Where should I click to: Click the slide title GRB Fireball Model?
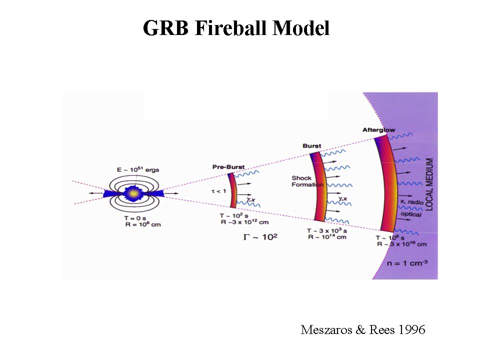pos(236,28)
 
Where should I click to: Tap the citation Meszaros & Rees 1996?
pos(362,330)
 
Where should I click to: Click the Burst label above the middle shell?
pos(311,146)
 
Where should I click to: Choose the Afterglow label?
pos(378,130)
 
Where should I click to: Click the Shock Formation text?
pos(301,181)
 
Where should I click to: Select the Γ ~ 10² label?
pos(260,236)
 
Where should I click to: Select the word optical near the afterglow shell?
pos(410,214)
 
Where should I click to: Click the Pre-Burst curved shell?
pos(232,190)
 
